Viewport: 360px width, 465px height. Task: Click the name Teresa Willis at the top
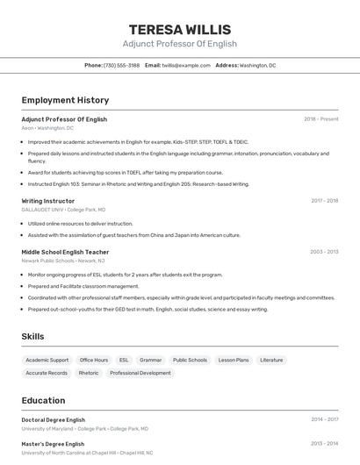point(179,29)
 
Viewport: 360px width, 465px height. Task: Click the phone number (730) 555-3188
point(121,65)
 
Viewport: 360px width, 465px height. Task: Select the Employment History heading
point(65,100)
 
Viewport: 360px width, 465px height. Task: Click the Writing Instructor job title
point(49,201)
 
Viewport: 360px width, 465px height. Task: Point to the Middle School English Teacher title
point(65,252)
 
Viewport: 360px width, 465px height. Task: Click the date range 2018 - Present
point(320,119)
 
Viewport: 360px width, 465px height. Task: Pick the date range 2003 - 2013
point(323,252)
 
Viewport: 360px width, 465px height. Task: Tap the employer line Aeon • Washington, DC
point(47,128)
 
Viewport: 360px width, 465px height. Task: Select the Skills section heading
point(32,336)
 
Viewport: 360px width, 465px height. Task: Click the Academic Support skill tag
point(47,360)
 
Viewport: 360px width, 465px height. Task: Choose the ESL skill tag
point(124,360)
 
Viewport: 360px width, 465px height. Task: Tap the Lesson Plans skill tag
point(234,360)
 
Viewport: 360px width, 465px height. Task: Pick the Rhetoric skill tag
point(89,373)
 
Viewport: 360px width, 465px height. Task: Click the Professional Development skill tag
point(140,373)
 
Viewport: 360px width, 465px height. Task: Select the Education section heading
point(43,400)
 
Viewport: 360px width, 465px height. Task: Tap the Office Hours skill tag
point(94,360)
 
